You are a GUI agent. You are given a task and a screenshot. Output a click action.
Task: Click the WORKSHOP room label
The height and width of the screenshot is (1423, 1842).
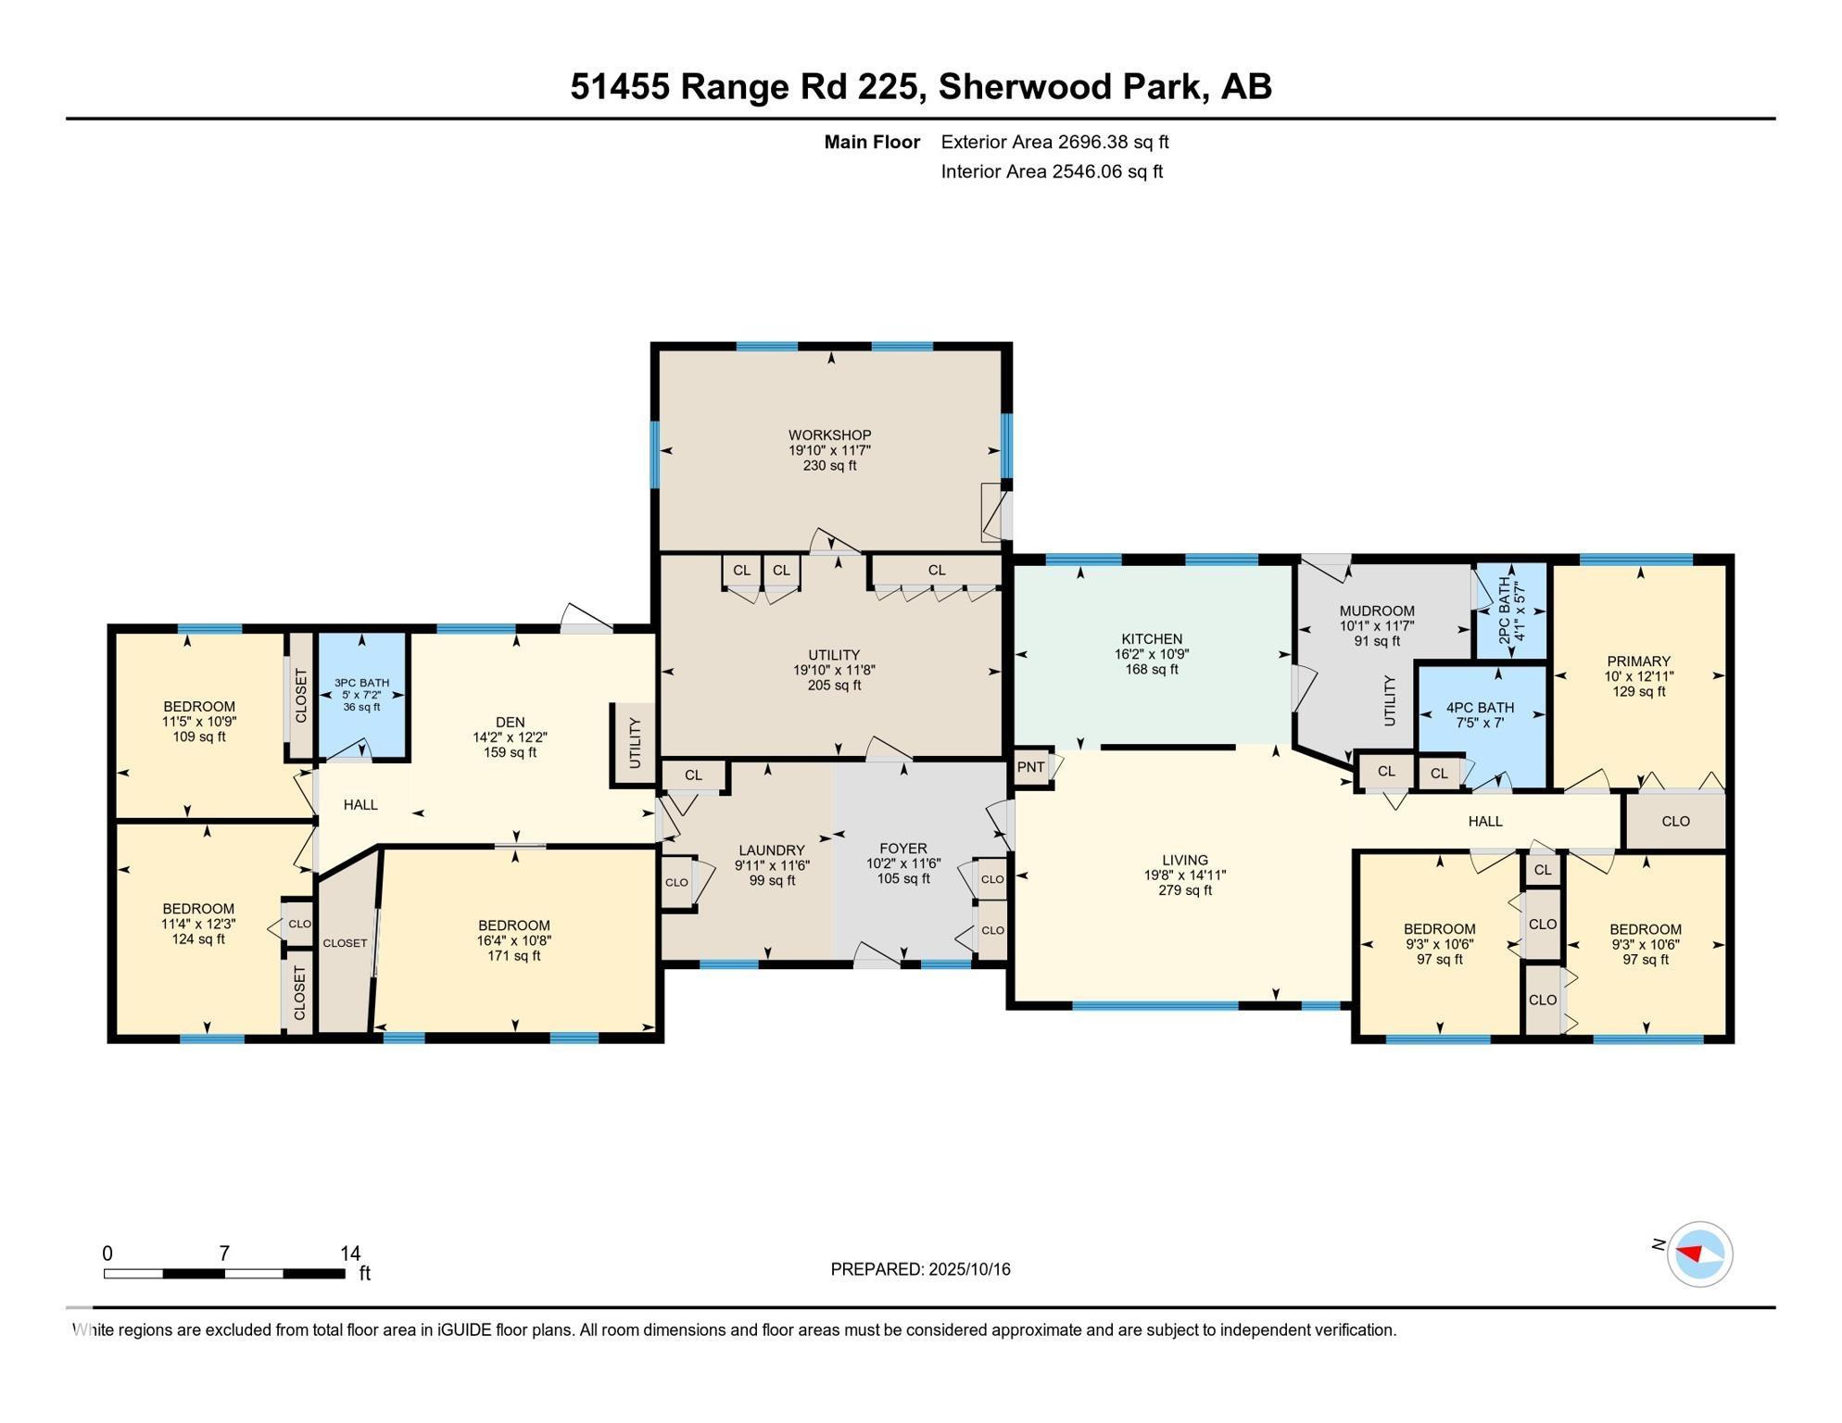pyautogui.click(x=829, y=434)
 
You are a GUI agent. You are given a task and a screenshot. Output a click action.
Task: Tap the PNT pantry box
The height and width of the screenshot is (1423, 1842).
pyautogui.click(x=1030, y=767)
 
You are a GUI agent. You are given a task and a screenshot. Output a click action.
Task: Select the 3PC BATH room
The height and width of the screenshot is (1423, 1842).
pyautogui.click(x=361, y=695)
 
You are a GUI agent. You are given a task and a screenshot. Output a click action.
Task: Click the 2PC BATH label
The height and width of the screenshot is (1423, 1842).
pyautogui.click(x=1504, y=611)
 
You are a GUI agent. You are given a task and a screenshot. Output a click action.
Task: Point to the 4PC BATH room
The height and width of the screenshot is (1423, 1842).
pyautogui.click(x=1480, y=714)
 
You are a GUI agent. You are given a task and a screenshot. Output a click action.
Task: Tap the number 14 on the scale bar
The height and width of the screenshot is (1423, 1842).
pyautogui.click(x=349, y=1253)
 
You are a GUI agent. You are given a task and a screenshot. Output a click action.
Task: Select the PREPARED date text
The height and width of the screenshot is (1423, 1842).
pyautogui.click(x=919, y=1269)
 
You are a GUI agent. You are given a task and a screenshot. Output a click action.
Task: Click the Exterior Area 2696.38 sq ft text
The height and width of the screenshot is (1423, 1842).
pyautogui.click(x=1054, y=142)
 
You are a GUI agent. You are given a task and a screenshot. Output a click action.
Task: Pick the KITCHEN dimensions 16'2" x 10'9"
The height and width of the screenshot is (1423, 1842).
pyautogui.click(x=1152, y=654)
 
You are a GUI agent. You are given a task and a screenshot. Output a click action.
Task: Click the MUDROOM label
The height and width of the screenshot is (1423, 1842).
pyautogui.click(x=1376, y=611)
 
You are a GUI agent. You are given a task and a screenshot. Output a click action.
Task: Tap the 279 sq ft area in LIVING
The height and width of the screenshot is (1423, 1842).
pyautogui.click(x=1184, y=890)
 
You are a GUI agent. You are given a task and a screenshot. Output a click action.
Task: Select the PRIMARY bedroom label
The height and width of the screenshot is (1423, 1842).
pyautogui.click(x=1638, y=661)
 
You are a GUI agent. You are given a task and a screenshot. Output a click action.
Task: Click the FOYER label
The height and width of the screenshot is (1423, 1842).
pyautogui.click(x=902, y=849)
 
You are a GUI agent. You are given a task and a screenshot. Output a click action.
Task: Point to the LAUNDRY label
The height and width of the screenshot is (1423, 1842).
pyautogui.click(x=771, y=850)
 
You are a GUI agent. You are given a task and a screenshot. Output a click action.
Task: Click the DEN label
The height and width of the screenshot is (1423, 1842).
pyautogui.click(x=510, y=723)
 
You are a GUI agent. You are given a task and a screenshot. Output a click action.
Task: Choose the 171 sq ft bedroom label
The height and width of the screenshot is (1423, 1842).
pyautogui.click(x=513, y=955)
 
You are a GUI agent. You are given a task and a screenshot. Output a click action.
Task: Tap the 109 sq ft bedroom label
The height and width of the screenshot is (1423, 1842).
pyautogui.click(x=198, y=737)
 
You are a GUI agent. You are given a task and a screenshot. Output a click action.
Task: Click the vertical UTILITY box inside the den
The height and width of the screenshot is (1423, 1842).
pyautogui.click(x=634, y=744)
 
